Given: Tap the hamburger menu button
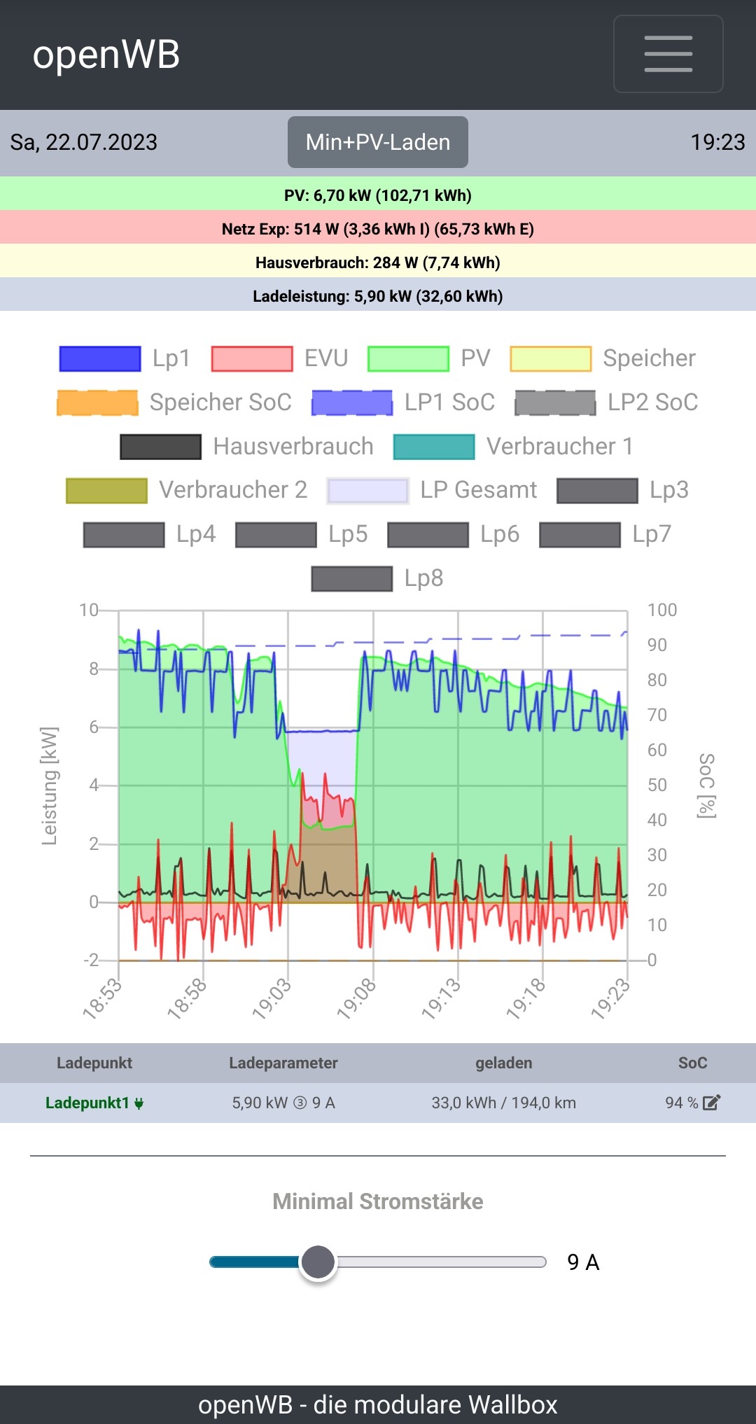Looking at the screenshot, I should pos(668,54).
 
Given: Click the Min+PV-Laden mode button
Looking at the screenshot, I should pos(377,142).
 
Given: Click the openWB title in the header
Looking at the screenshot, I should pos(106,55).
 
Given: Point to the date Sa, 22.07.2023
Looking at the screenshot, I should pos(84,142).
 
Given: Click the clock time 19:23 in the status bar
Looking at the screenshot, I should pos(717,142).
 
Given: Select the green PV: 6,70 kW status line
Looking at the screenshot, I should pos(378,195).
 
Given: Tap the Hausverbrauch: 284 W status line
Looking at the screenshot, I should pos(378,263).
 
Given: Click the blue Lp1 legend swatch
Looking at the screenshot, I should pos(100,358).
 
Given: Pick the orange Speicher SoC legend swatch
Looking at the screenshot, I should pos(97,403).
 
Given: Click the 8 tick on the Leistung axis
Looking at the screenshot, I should pos(94,669).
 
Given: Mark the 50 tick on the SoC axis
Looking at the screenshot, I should pos(657,785).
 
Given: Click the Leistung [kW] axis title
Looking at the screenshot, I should pos(49,786).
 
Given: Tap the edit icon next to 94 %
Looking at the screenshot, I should pos(711,1103).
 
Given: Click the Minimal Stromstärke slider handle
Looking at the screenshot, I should pos(318,1262).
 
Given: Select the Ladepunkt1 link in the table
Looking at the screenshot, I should pos(88,1103).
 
